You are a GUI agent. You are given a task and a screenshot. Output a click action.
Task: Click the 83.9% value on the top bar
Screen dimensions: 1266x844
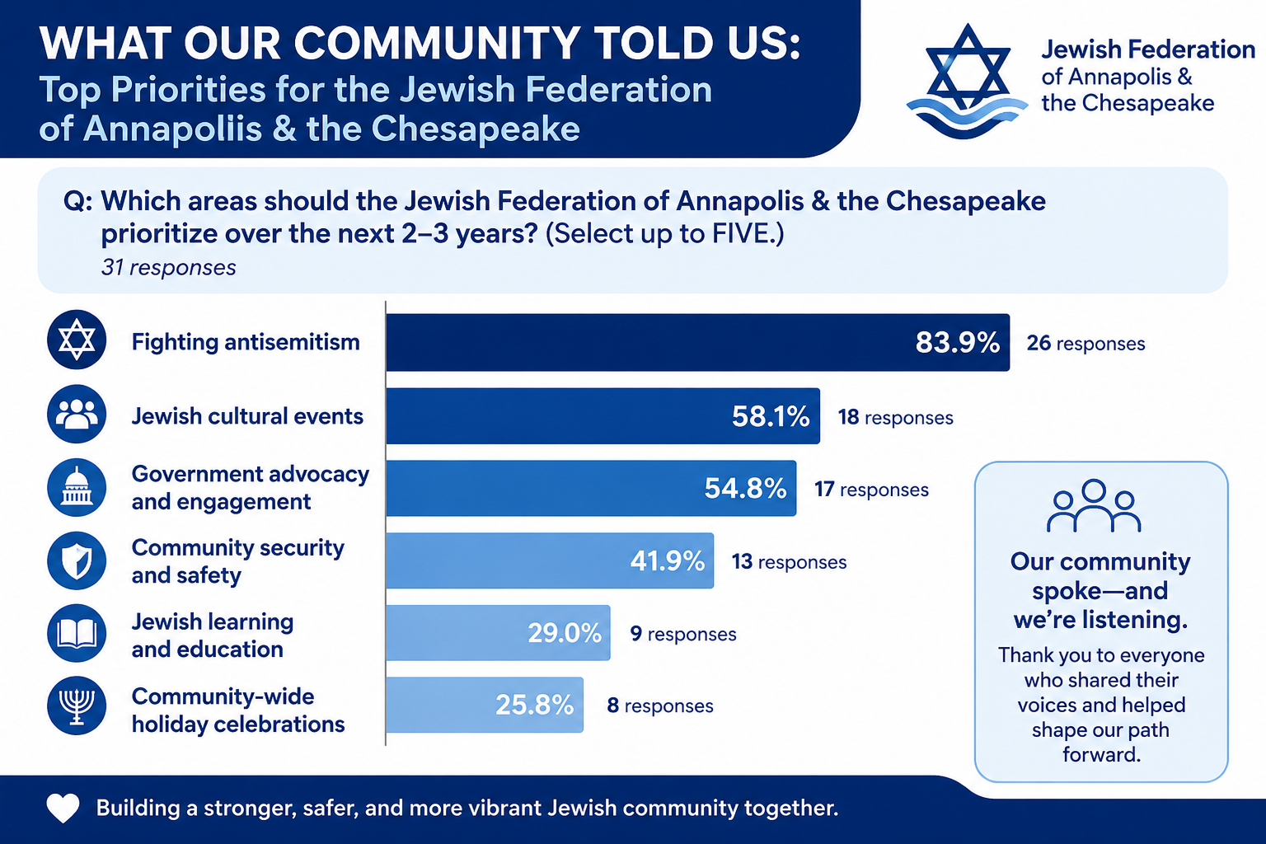point(958,343)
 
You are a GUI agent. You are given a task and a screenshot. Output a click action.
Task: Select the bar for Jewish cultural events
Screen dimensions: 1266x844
point(603,416)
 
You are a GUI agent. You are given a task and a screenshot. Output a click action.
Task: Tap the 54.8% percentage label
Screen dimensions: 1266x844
point(745,489)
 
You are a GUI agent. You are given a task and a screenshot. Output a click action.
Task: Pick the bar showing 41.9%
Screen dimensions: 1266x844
point(550,560)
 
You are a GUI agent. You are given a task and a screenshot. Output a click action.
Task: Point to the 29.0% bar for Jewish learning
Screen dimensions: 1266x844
point(498,632)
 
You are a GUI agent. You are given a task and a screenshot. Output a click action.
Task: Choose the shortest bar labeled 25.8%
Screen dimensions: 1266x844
point(485,705)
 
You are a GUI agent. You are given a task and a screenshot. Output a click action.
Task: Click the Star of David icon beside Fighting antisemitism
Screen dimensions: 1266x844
point(77,340)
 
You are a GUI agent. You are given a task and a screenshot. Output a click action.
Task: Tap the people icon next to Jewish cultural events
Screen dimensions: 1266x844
point(77,414)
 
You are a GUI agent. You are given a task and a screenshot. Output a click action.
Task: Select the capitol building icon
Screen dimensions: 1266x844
point(77,487)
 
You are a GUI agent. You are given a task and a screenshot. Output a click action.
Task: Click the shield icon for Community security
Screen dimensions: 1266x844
point(77,560)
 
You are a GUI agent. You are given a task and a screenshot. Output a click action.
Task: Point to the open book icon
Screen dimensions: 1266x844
point(77,633)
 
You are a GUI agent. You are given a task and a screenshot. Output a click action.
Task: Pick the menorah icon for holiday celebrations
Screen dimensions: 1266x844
point(77,706)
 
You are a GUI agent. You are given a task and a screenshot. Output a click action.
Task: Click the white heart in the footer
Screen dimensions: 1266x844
point(63,809)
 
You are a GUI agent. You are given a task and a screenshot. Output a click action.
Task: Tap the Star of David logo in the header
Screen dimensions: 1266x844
point(967,81)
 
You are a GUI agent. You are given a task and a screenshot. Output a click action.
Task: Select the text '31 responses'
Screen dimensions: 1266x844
point(168,267)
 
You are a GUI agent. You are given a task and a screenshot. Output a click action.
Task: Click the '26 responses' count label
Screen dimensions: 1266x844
point(1085,343)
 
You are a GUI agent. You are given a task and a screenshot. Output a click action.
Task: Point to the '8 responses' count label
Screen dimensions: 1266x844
point(660,706)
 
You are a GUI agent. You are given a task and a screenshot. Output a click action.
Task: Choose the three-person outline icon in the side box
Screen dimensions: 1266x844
point(1094,507)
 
